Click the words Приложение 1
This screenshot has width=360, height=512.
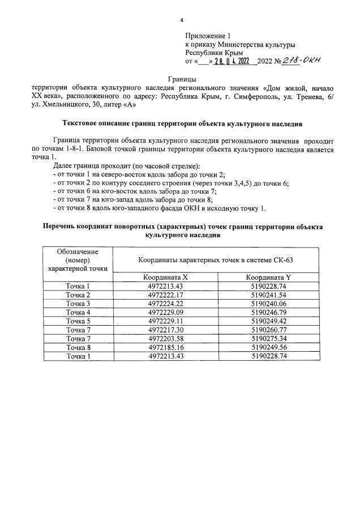pyautogui.click(x=208, y=35)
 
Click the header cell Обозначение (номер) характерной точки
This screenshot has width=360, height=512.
pyautogui.click(x=78, y=260)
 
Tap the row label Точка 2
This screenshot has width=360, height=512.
pyautogui.click(x=78, y=295)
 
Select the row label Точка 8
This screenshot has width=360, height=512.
pyautogui.click(x=78, y=347)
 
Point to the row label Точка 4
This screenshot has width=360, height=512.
pyautogui.click(x=78, y=312)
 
